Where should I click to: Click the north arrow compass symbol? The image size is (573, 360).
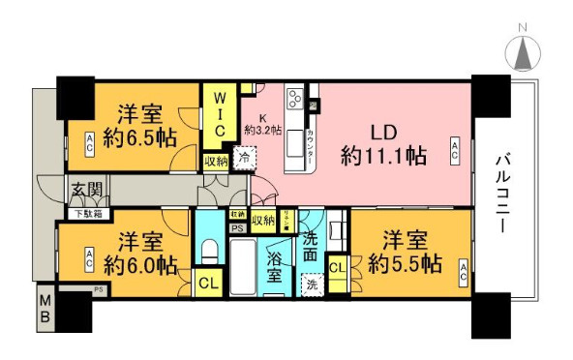(x=523, y=54)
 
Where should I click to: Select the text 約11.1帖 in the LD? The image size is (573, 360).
(x=384, y=155)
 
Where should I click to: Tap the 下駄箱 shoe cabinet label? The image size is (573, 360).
(x=86, y=213)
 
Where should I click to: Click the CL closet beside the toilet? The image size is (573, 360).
(x=207, y=284)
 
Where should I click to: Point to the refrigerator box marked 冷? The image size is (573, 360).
(x=244, y=155)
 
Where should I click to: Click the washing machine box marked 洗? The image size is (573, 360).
(x=312, y=285)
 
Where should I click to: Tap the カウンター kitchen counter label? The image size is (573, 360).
(x=311, y=145)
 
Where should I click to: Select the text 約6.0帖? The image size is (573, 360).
(x=141, y=263)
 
